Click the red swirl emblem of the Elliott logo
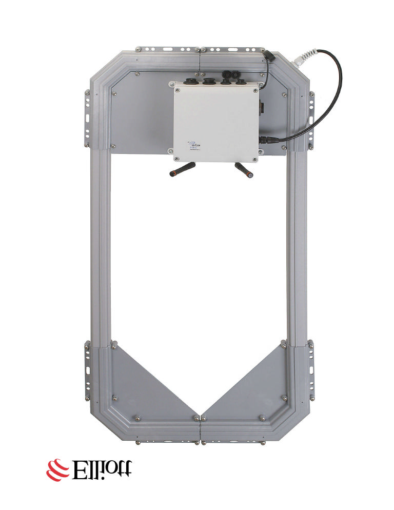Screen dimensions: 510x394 (57, 468)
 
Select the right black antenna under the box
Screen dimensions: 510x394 (244, 169)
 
